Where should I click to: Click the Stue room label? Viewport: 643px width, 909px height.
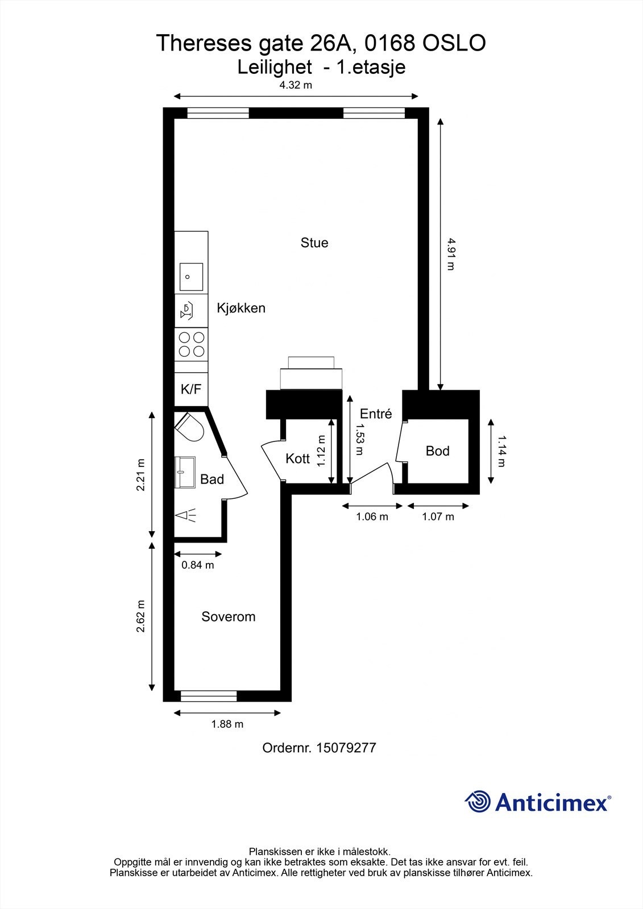(314, 243)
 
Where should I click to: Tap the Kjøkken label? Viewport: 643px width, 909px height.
(241, 308)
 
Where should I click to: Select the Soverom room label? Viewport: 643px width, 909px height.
(229, 616)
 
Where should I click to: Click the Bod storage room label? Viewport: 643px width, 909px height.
(437, 451)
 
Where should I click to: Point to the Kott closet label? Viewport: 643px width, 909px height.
(297, 458)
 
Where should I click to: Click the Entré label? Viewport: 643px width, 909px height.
(376, 414)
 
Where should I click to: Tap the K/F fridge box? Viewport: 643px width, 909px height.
(192, 389)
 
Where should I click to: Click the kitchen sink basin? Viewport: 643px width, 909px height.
(192, 276)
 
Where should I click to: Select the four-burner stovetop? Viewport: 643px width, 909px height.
(192, 344)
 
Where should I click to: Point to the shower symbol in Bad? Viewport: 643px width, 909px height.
(186, 515)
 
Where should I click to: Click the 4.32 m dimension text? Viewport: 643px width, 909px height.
(295, 85)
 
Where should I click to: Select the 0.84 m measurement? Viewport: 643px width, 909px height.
(197, 565)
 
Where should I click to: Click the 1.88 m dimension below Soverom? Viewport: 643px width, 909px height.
(227, 724)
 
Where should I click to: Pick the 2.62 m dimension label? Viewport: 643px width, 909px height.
(140, 616)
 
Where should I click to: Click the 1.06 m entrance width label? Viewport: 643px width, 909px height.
(372, 516)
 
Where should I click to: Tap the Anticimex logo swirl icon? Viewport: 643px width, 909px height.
(478, 802)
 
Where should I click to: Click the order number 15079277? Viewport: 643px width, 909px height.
(346, 748)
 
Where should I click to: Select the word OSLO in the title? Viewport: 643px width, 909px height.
(454, 43)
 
